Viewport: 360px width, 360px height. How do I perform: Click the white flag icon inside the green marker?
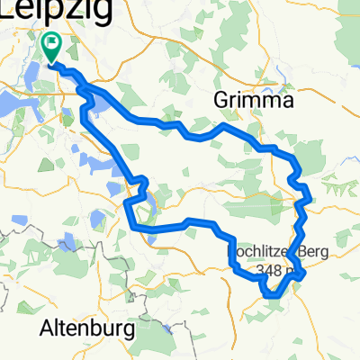[x=52, y=41]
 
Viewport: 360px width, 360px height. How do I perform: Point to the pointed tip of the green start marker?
[x=52, y=62]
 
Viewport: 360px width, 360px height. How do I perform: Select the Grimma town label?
[x=255, y=103]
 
